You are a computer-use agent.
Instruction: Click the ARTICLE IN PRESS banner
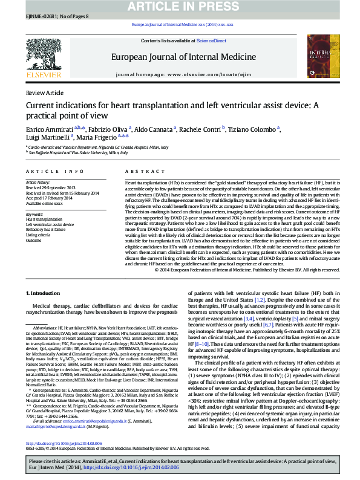[x=180, y=7]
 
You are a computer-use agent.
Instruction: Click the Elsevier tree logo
[x=44, y=56]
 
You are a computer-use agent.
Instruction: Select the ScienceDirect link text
[x=211, y=41]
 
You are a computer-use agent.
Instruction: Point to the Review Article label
[x=45, y=92]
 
